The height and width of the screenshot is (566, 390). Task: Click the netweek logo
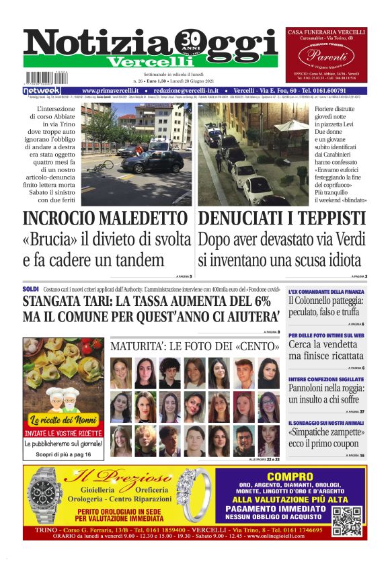[x=41, y=90]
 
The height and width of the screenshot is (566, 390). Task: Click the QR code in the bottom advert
[x=348, y=520]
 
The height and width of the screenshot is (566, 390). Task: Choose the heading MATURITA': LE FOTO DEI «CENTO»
[x=194, y=347]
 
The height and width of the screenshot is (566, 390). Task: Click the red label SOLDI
[x=30, y=288]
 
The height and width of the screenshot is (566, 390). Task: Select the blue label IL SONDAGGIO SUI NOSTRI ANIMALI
[x=326, y=423]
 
